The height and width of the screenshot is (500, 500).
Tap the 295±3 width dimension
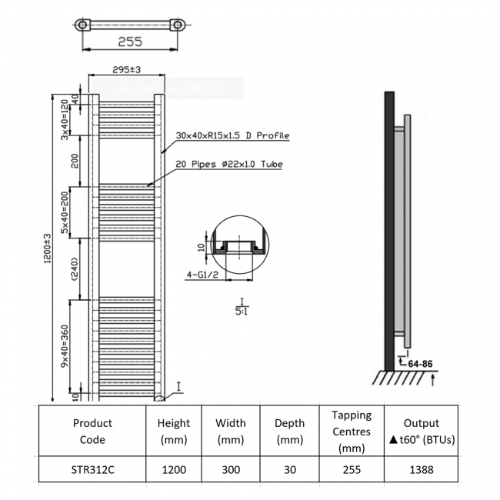click(x=126, y=70)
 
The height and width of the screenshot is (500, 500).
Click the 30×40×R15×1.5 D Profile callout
click(x=232, y=135)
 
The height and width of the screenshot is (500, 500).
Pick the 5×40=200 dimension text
click(x=66, y=209)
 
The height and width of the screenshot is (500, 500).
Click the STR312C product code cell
click(x=92, y=469)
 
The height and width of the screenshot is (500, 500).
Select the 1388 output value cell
click(x=421, y=469)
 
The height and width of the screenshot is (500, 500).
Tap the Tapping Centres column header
click(x=352, y=431)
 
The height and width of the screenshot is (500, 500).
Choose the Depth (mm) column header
click(x=289, y=431)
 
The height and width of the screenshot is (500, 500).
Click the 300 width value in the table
click(x=230, y=469)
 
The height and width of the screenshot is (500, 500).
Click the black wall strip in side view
click(x=389, y=231)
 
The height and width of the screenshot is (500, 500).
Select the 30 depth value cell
click(x=289, y=469)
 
